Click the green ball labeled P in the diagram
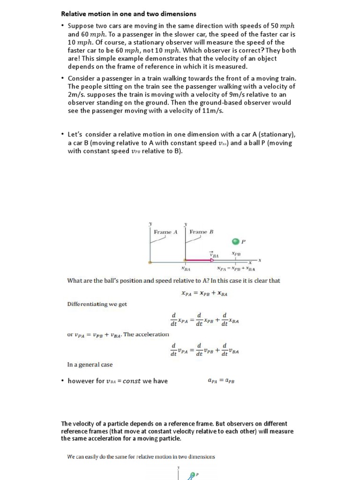pyautogui.click(x=235, y=241)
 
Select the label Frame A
pyautogui.click(x=165, y=232)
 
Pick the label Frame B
pyautogui.click(x=202, y=232)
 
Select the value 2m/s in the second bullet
pyautogui.click(x=77, y=94)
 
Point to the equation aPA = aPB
pyautogui.click(x=221, y=381)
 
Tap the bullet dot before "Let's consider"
pyautogui.click(x=63, y=135)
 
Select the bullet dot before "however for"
pyautogui.click(x=63, y=381)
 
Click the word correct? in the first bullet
pyautogui.click(x=241, y=51)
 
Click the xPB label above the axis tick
pyautogui.click(x=237, y=254)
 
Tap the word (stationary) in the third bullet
pyautogui.click(x=275, y=135)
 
